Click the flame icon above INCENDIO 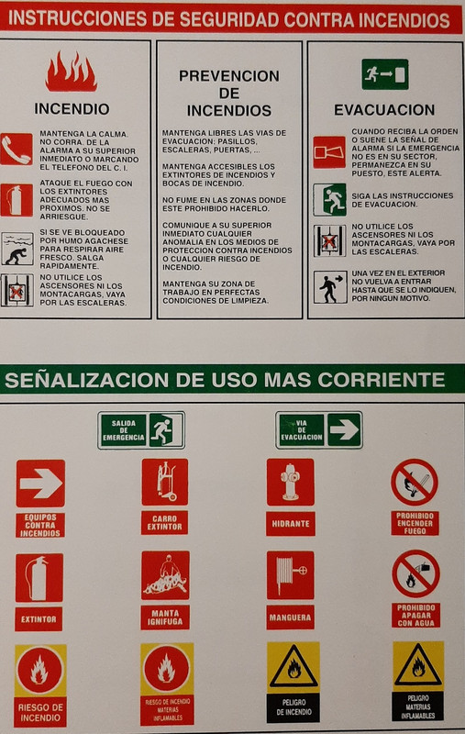click(x=71, y=72)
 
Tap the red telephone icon click(x=16, y=149)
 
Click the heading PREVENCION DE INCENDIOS click(x=228, y=93)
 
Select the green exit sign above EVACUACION click(x=384, y=74)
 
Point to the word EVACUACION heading click(x=383, y=109)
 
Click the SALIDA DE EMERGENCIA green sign click(x=141, y=430)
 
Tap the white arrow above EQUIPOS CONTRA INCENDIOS click(x=40, y=484)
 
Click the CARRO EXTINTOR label click(x=165, y=523)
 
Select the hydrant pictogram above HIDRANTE click(x=290, y=483)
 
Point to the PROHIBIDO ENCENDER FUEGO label click(x=415, y=523)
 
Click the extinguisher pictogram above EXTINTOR click(x=39, y=578)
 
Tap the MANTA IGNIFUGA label click(x=165, y=617)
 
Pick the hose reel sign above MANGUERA click(x=290, y=575)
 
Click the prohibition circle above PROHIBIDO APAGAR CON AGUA click(x=415, y=573)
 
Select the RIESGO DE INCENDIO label click(x=40, y=711)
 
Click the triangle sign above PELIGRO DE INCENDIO click(x=293, y=668)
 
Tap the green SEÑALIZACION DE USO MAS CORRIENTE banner click(x=232, y=379)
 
